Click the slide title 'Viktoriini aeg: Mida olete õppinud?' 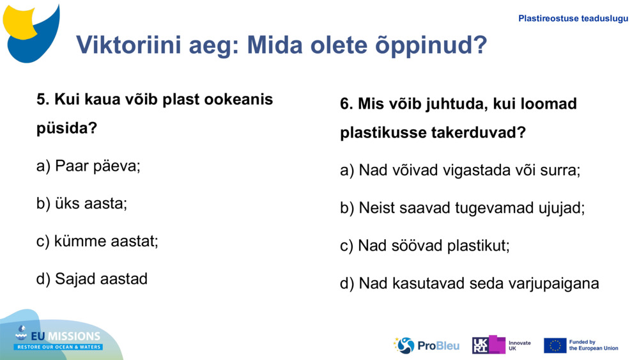pyautogui.click(x=281, y=45)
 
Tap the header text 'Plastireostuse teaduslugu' pyautogui.click(x=573, y=19)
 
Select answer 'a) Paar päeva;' pyautogui.click(x=88, y=166)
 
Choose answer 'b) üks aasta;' pyautogui.click(x=82, y=203)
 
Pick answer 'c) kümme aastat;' pyautogui.click(x=97, y=241)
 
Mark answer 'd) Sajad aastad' pyautogui.click(x=92, y=279)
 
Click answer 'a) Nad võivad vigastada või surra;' pyautogui.click(x=460, y=171)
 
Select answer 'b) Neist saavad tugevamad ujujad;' pyautogui.click(x=462, y=208)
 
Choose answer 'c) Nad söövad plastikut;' pyautogui.click(x=425, y=246)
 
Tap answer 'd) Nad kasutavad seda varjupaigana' pyautogui.click(x=470, y=283)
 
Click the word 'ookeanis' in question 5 pyautogui.click(x=241, y=100)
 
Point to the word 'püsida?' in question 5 pyautogui.click(x=66, y=128)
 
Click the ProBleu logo pyautogui.click(x=426, y=345)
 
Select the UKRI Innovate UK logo pyautogui.click(x=501, y=345)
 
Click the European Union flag pyautogui.click(x=555, y=345)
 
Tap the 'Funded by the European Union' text pyautogui.click(x=594, y=345)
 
